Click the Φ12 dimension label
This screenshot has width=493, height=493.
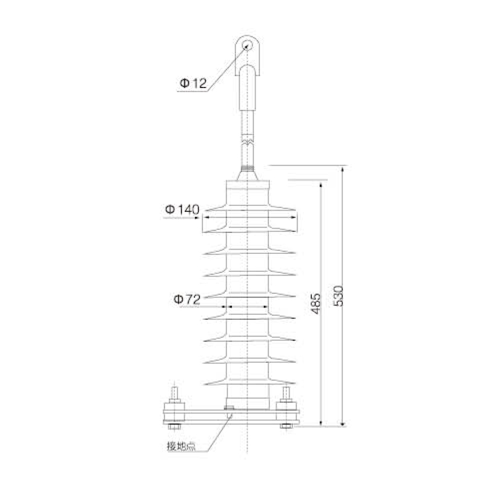193,83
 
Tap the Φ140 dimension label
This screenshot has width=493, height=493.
182,210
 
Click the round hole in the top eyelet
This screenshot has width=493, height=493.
248,45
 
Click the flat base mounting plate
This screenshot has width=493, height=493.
231,416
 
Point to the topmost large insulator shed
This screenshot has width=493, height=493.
248,219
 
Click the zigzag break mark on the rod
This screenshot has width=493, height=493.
248,141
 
